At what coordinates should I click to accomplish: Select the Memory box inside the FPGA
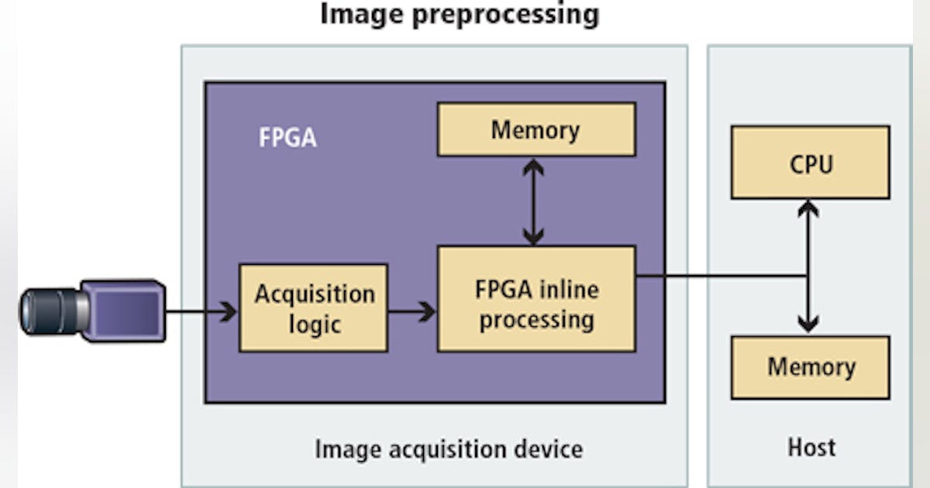(x=536, y=129)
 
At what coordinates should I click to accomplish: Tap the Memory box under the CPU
(x=810, y=367)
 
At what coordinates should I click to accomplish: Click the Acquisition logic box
(x=313, y=308)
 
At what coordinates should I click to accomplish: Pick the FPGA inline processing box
(x=536, y=298)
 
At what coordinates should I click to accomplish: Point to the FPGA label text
(x=287, y=139)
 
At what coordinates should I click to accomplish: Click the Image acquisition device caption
(x=448, y=448)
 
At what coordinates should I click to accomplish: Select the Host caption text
(x=811, y=447)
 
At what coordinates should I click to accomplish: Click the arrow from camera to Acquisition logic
(x=201, y=312)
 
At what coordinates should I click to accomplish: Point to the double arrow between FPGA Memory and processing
(x=532, y=201)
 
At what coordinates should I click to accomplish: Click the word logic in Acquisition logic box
(x=314, y=323)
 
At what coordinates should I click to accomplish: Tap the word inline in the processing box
(x=570, y=290)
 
